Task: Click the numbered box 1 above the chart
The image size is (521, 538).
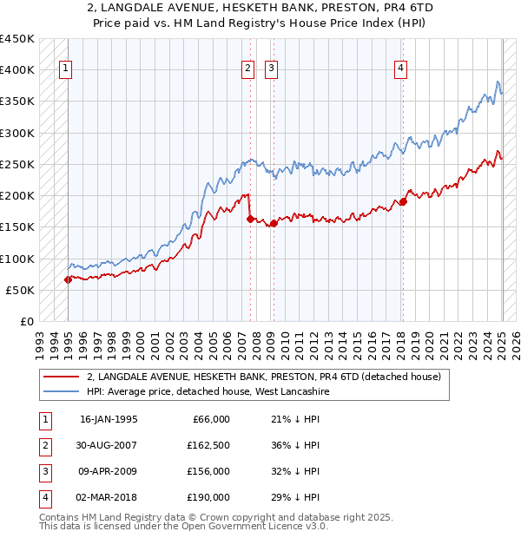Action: point(66,69)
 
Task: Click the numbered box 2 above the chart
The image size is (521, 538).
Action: point(248,69)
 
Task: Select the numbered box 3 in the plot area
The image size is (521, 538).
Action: point(271,69)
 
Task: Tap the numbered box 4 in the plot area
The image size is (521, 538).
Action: point(400,69)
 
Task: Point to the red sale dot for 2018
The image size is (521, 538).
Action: point(403,202)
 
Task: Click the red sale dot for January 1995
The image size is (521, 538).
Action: point(68,279)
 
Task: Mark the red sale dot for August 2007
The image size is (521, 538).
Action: point(250,219)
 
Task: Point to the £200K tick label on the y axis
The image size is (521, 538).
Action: point(17,196)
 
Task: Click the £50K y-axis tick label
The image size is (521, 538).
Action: point(21,291)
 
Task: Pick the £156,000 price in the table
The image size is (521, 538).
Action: point(208,471)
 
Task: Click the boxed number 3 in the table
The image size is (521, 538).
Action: point(43,471)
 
